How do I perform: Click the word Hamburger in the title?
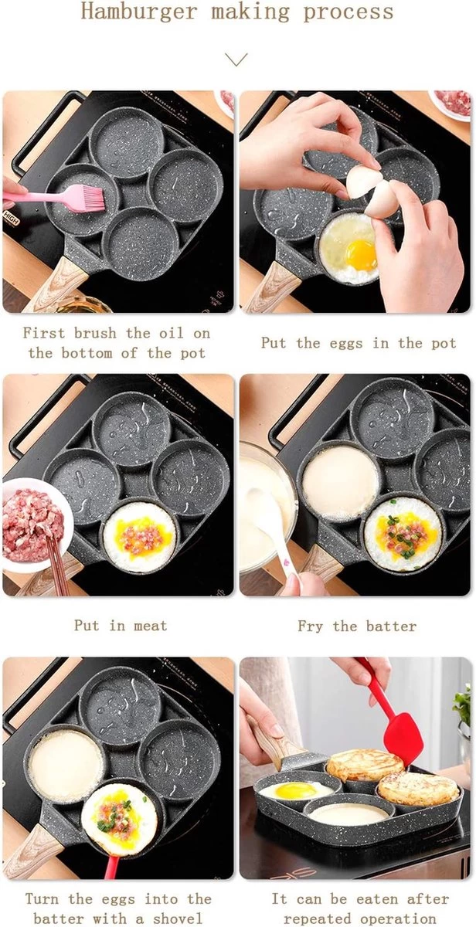click(138, 11)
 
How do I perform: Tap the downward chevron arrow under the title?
click(236, 59)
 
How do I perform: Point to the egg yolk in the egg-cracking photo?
click(362, 253)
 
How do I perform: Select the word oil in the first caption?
click(171, 333)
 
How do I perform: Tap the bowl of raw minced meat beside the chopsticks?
click(36, 524)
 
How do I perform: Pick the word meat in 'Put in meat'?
click(151, 625)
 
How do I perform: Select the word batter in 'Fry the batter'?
click(391, 626)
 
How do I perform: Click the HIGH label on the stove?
click(12, 218)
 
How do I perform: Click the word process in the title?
click(348, 11)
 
